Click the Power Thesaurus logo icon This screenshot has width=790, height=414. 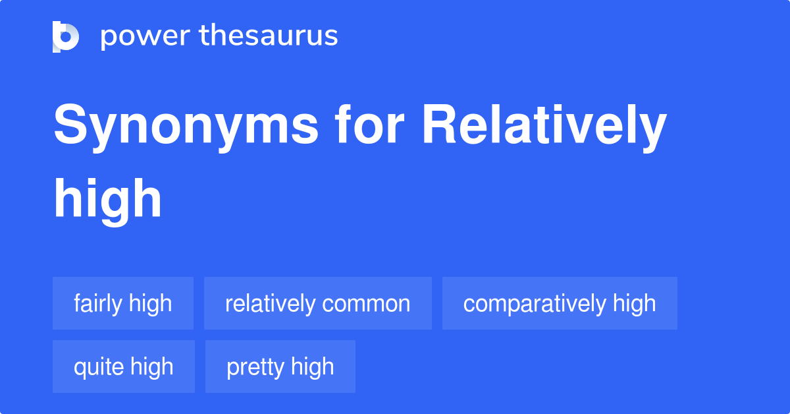pyautogui.click(x=66, y=36)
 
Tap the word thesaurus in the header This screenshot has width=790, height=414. pyautogui.click(x=269, y=36)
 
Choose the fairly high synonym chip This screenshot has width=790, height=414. pyautogui.click(x=123, y=303)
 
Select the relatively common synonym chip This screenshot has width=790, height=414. pyautogui.click(x=318, y=303)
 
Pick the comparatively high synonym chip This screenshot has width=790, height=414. pyautogui.click(x=560, y=303)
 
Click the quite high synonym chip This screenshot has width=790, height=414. pyautogui.click(x=124, y=367)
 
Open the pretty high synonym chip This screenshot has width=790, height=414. pyautogui.click(x=280, y=367)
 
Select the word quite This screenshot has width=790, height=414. pyautogui.click(x=97, y=367)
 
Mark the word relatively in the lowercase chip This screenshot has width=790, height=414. pyautogui.click(x=270, y=304)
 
